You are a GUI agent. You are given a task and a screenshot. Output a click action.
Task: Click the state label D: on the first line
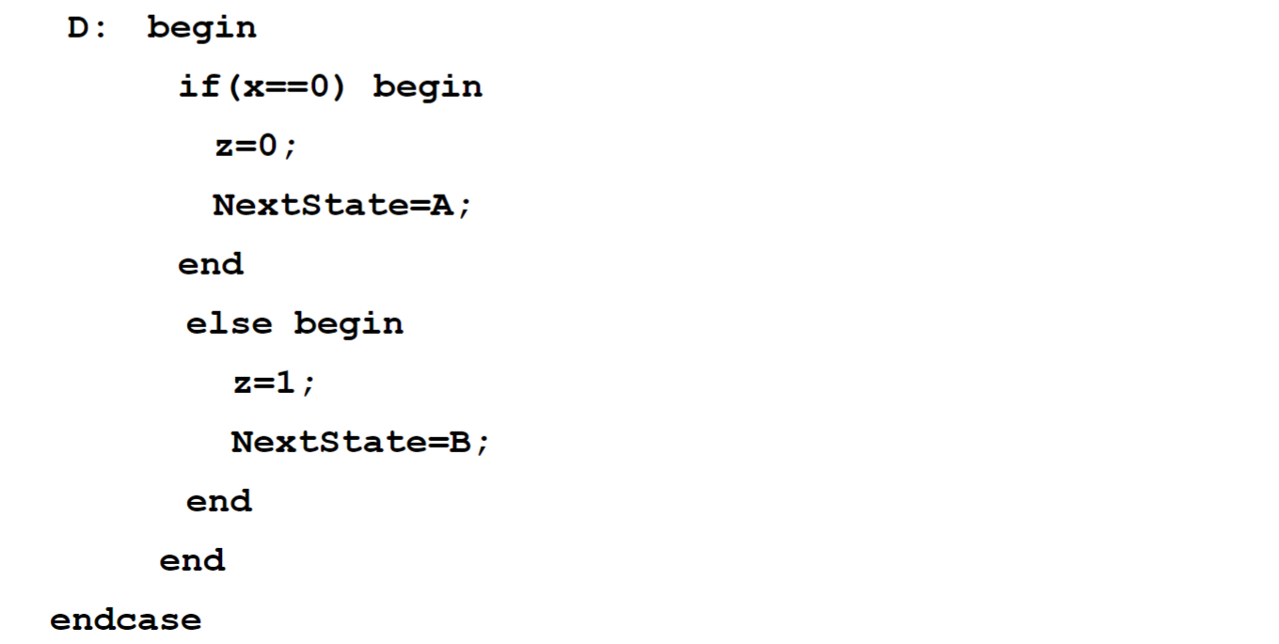[87, 28]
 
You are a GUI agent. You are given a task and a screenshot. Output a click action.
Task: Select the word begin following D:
[202, 28]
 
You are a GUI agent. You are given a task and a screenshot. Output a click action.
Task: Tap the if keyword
[196, 87]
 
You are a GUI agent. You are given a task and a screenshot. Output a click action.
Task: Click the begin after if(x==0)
[428, 87]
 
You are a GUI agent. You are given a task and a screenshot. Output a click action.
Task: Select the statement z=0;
[255, 147]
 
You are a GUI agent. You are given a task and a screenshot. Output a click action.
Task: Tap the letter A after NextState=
[442, 206]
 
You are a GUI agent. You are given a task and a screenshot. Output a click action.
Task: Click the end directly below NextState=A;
[211, 265]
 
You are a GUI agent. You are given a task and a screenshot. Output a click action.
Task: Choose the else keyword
[229, 324]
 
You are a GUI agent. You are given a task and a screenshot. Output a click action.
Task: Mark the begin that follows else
[349, 324]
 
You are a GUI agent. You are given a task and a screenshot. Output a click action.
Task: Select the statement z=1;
[274, 384]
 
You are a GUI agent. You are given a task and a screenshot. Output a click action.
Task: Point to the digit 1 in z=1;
[287, 384]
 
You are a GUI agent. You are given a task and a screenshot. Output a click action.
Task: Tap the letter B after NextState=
[461, 443]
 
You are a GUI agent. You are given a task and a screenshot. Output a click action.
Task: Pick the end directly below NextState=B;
[219, 502]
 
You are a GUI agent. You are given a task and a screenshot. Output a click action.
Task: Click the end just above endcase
[192, 561]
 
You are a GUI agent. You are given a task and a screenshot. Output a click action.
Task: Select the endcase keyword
[125, 620]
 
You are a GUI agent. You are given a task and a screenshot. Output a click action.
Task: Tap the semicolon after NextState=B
[482, 445]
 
